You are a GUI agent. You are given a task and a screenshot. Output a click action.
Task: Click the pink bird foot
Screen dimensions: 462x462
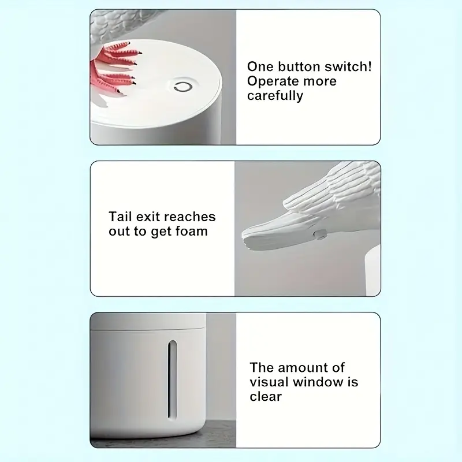point(118,68)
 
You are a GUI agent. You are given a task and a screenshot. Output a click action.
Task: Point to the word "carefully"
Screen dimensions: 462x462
point(275,96)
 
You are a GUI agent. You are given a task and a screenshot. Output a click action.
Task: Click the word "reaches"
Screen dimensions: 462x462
point(190,217)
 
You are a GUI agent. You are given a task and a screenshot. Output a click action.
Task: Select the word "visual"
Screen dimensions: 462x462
point(269,382)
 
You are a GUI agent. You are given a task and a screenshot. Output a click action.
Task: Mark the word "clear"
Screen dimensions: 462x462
point(266,396)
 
